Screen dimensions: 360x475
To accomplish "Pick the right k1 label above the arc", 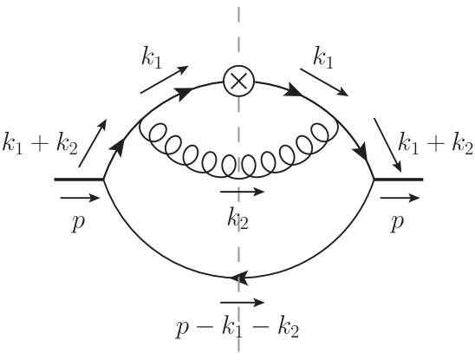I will click(x=327, y=58).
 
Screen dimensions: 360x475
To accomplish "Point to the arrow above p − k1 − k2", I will click(x=238, y=303).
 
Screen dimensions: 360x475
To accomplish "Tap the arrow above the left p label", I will click(x=78, y=197).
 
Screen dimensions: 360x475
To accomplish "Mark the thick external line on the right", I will click(x=398, y=180).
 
